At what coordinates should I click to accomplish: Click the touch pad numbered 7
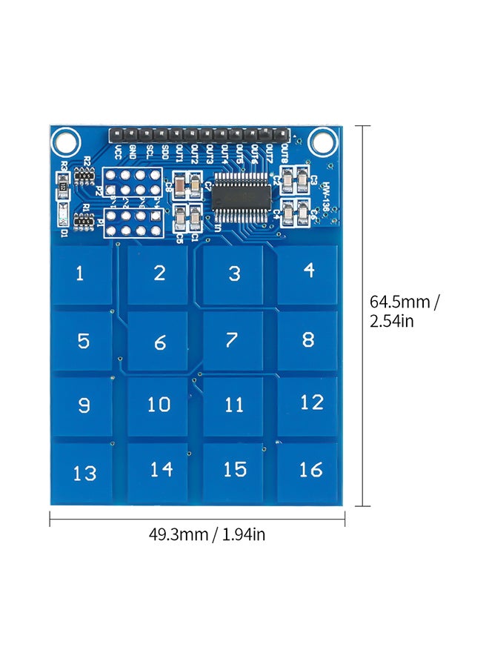point(233,340)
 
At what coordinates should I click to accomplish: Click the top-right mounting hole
point(321,139)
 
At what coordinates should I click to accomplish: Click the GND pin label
point(133,152)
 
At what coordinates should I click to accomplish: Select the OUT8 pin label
point(285,154)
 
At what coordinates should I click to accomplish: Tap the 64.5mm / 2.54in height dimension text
point(405,311)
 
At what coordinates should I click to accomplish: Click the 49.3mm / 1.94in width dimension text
point(197,534)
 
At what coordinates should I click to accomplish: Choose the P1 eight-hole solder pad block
point(133,223)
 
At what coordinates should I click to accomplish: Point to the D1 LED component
point(64,219)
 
